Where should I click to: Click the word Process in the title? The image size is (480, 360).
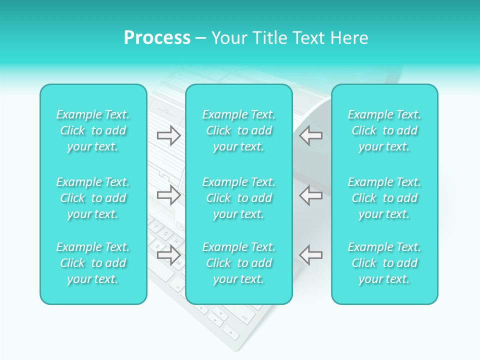[157, 38]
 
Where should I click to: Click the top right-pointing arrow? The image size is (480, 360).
[168, 135]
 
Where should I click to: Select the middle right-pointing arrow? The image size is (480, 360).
[168, 195]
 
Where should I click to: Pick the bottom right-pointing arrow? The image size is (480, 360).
[168, 254]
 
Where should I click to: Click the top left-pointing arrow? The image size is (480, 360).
[310, 135]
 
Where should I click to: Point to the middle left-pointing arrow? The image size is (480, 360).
[310, 195]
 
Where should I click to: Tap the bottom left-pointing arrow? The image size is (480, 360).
[310, 254]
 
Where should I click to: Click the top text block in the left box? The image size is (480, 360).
[93, 130]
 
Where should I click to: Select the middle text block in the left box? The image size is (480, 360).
[93, 198]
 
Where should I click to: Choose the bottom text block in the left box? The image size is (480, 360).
[93, 263]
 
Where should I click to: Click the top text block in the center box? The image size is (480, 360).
[239, 130]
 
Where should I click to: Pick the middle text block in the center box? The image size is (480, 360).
[239, 198]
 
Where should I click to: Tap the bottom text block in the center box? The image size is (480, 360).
[239, 263]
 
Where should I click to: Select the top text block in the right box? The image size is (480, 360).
[384, 130]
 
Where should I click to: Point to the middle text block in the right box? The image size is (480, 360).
[384, 198]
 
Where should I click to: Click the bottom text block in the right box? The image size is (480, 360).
[384, 263]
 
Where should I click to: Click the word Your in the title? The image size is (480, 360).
[228, 38]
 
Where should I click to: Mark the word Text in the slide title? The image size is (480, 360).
[306, 38]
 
